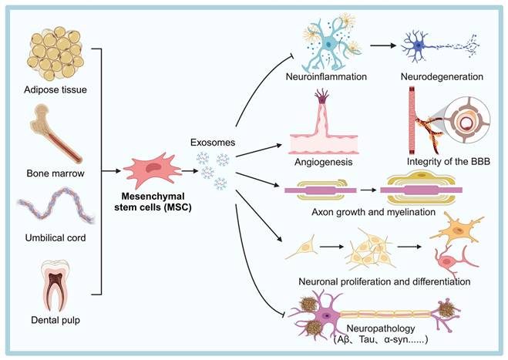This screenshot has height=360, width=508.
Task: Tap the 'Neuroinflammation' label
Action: pos(333,78)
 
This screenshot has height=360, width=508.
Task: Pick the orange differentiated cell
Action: pos(447,230)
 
